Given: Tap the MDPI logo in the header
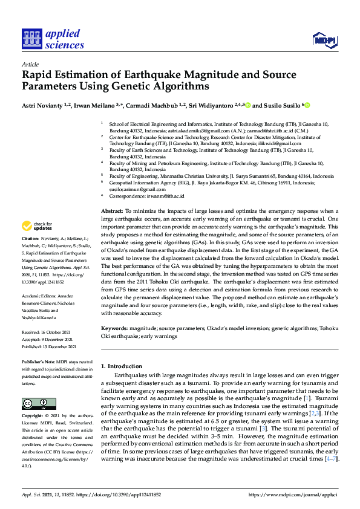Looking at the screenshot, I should [324, 40].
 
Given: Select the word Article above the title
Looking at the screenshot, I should [30, 64].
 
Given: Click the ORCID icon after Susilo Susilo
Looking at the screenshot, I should [307, 106].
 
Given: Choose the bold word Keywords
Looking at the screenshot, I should [114, 328].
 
